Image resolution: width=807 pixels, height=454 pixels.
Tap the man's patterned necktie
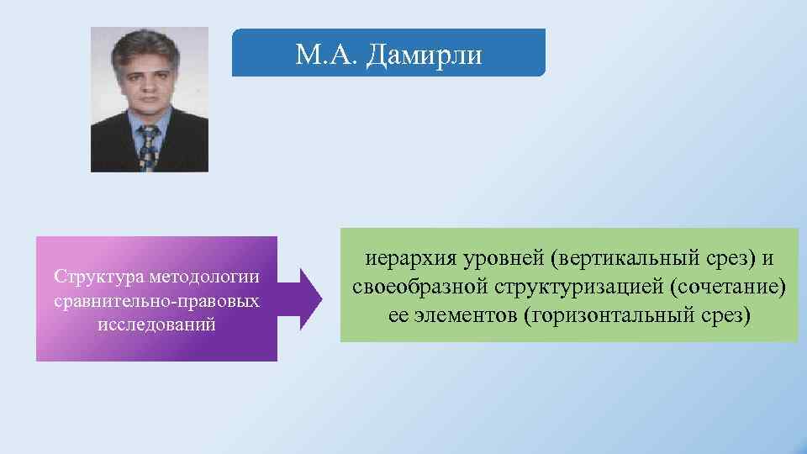pos(149,147)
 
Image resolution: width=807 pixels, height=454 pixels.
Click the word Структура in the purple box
pos(92,277)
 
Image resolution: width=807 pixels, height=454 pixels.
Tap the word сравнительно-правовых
pos(156,300)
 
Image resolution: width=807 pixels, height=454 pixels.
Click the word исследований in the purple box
pos(156,324)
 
